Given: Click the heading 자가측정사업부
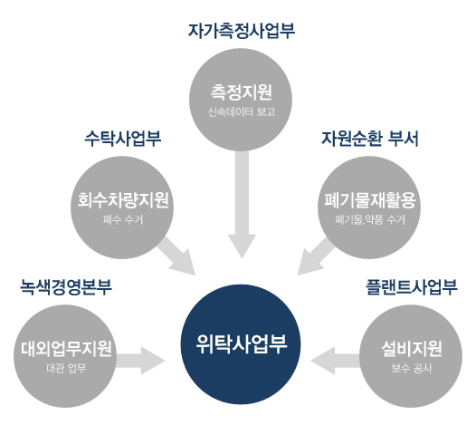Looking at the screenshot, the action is point(242,31).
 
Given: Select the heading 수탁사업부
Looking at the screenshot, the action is point(123,139).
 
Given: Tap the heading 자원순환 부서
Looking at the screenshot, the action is point(370,139).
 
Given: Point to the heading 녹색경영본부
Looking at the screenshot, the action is point(66,287).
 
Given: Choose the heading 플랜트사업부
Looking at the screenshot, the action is point(412,287).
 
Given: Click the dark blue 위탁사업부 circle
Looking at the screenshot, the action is point(241,344).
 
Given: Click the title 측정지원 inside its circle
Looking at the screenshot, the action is point(242,92).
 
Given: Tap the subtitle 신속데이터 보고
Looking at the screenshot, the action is point(242,111).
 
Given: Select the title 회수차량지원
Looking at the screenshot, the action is point(123,200).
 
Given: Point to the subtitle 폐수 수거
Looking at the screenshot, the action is point(123,219).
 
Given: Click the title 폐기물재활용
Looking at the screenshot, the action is point(370,200).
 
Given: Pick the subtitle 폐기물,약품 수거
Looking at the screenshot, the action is point(370,219).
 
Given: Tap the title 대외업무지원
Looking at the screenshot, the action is point(66,349).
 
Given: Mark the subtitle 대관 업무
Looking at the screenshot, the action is point(66,368).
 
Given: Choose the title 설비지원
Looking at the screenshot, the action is point(412,349).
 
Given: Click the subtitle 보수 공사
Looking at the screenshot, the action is point(412,368).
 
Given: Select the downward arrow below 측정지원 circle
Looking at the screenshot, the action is point(242,204).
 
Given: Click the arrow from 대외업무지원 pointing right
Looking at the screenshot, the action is point(140,361).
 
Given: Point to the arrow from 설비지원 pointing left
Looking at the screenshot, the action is point(336,361).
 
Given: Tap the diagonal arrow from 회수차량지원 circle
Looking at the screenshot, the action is point(176,256).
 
